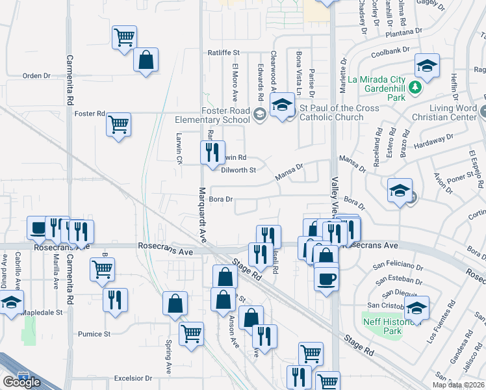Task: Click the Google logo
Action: [21, 382]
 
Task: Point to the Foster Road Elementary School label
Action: [212, 115]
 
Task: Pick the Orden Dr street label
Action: [36, 76]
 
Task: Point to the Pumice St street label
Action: [94, 334]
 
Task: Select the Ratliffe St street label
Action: [224, 52]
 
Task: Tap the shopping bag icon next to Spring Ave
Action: [175, 304]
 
